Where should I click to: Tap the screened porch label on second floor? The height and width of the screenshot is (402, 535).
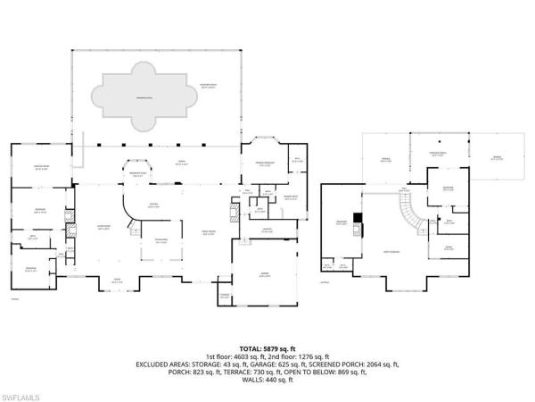[439, 154]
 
